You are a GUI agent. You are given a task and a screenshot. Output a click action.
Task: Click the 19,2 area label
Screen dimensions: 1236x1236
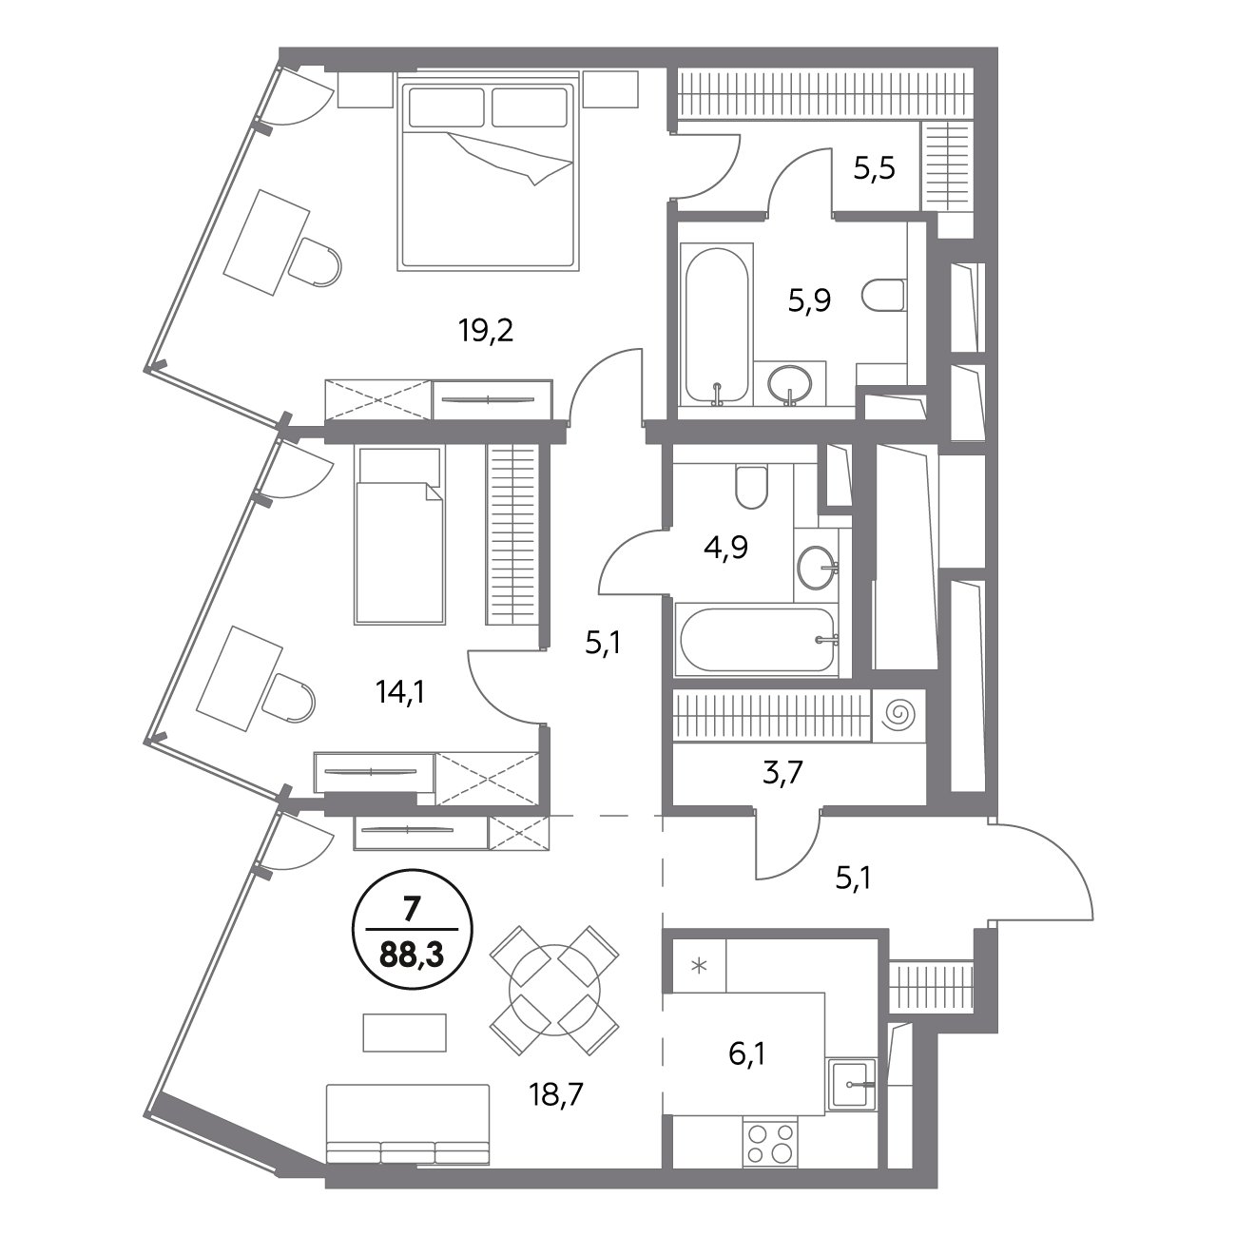coord(485,331)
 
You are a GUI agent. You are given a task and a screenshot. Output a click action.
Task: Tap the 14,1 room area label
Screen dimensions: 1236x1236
coord(401,693)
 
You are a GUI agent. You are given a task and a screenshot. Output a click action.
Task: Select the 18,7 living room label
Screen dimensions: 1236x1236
coord(555,1094)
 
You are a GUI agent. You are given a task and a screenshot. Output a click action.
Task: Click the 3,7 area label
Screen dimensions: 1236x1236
coord(782,772)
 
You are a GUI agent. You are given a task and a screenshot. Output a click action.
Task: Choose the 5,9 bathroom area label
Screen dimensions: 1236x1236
coord(809,300)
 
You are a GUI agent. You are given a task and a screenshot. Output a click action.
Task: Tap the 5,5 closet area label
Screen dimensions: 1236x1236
coord(875,168)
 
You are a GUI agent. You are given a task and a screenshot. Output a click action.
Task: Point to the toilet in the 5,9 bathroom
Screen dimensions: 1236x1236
coord(884,297)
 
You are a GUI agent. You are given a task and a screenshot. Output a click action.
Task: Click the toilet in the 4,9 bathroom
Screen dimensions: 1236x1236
coord(752,487)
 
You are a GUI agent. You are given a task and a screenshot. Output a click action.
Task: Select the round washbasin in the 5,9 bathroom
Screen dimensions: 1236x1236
coord(789,383)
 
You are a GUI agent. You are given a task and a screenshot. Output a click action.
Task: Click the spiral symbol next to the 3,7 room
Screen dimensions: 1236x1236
coord(898,715)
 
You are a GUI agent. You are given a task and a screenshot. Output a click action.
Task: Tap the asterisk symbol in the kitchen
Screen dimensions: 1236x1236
coord(700,965)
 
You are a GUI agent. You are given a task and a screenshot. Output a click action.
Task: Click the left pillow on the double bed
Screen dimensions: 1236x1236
coord(447,107)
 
